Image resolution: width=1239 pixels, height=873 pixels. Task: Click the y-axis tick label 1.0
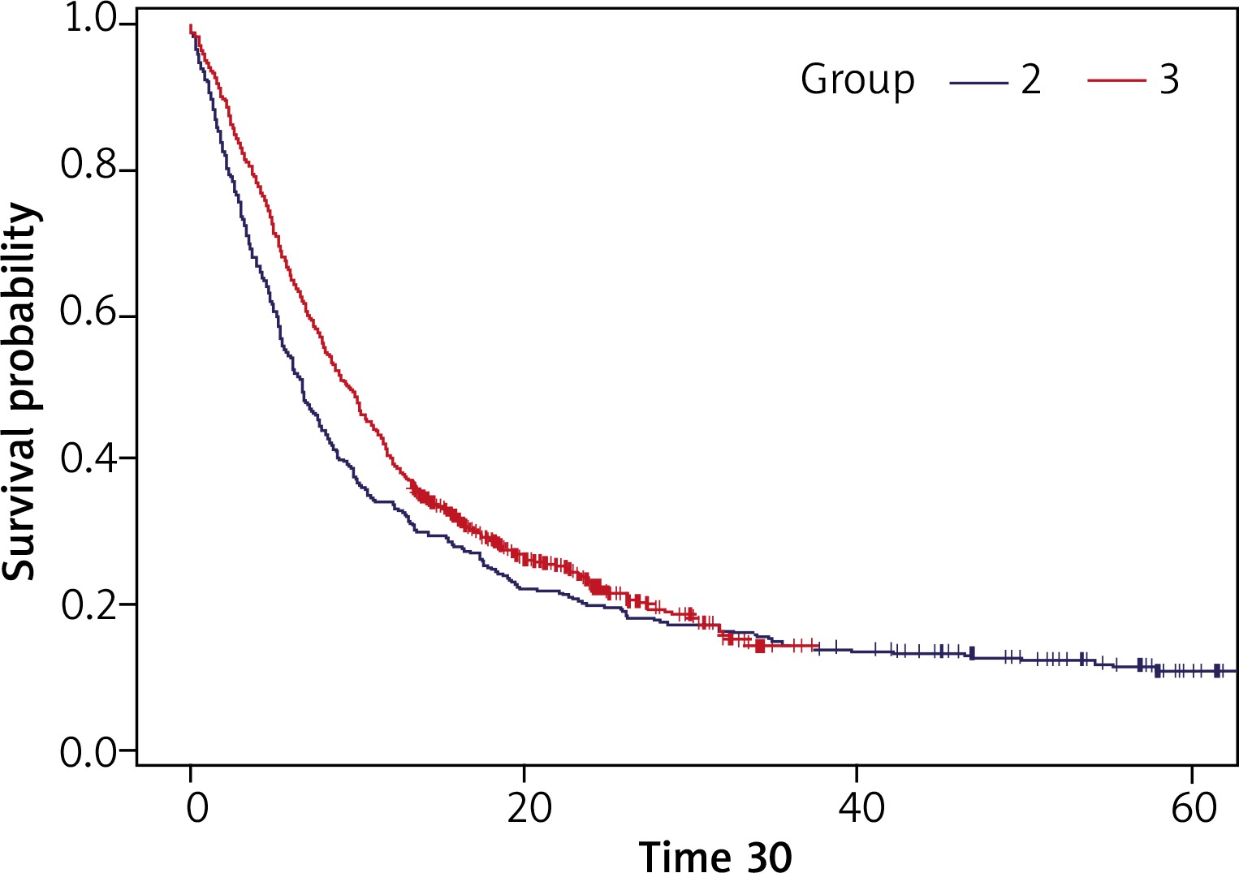click(92, 20)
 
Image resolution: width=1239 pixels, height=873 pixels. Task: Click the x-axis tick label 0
click(196, 808)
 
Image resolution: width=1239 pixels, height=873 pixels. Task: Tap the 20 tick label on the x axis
click(529, 808)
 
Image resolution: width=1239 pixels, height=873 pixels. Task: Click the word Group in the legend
click(857, 80)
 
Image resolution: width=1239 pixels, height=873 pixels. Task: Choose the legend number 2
click(1031, 80)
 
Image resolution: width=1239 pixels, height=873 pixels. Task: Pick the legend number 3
click(1169, 80)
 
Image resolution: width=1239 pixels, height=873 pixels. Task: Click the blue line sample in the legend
click(978, 81)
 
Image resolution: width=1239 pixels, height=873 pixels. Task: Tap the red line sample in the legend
click(1116, 81)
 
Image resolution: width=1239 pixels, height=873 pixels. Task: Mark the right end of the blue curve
click(1236, 671)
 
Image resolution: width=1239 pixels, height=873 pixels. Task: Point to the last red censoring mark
click(815, 646)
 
